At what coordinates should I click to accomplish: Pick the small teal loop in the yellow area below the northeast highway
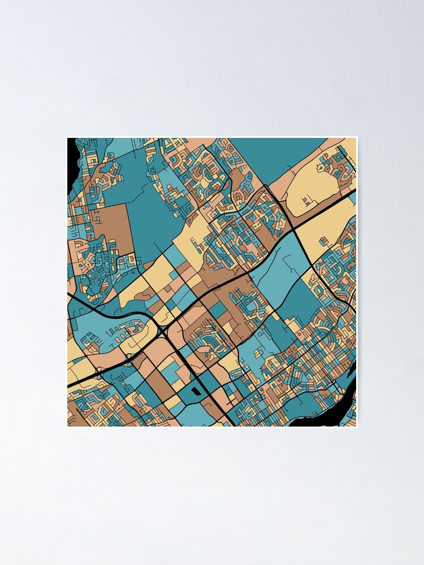(x=326, y=243)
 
